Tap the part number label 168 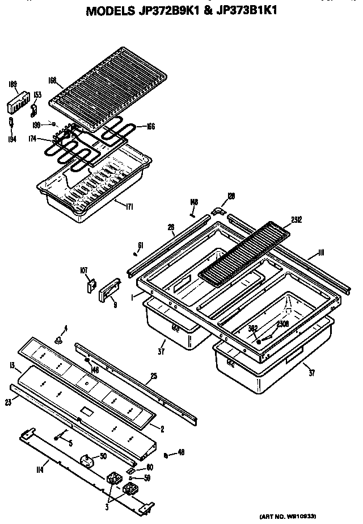coord(52,81)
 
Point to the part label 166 coord(150,127)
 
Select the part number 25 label coord(153,376)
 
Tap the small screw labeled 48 coord(165,455)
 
